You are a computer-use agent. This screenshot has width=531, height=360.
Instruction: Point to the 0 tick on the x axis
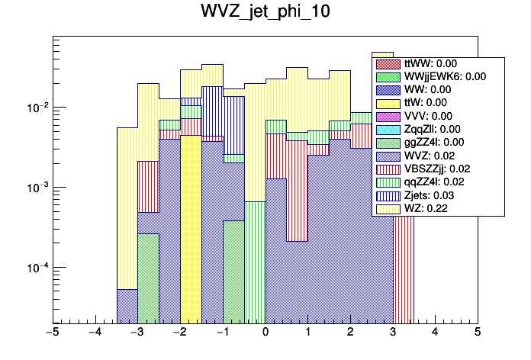point(265,333)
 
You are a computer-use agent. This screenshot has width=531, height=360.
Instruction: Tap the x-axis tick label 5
point(478,333)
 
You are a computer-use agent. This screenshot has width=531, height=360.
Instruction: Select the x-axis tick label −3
point(137,333)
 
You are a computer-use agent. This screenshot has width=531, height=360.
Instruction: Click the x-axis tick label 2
point(350,333)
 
